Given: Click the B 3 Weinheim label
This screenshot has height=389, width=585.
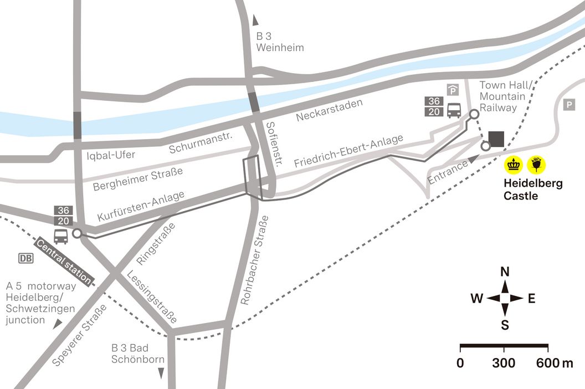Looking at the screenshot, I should (x=280, y=42).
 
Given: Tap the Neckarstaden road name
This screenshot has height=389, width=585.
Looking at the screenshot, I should (x=329, y=110).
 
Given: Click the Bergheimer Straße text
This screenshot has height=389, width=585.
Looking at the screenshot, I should (x=138, y=180).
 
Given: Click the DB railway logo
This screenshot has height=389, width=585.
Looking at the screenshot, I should (x=25, y=258).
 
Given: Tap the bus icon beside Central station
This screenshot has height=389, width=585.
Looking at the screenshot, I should (x=61, y=237).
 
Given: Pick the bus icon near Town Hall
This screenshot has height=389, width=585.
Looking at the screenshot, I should (x=454, y=110).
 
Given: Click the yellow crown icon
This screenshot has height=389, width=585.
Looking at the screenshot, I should (x=514, y=164).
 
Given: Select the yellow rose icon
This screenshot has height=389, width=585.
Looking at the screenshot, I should (x=537, y=164).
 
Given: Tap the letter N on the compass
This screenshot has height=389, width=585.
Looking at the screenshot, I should (x=505, y=272).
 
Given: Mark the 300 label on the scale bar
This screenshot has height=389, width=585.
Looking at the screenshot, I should (x=504, y=364).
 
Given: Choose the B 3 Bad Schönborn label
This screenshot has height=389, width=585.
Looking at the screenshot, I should (x=138, y=354).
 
